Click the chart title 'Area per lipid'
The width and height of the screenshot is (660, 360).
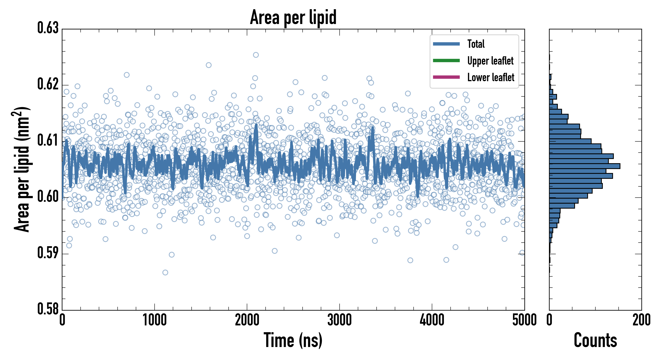pyautogui.click(x=293, y=17)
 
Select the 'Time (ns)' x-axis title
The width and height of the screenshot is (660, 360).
pyautogui.click(x=293, y=340)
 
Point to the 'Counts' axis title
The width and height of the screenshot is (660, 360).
pyautogui.click(x=595, y=340)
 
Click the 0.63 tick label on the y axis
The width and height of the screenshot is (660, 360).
pyautogui.click(x=48, y=28)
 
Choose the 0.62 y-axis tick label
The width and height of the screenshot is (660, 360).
pyautogui.click(x=48, y=84)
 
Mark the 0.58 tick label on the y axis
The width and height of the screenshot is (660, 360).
pyautogui.click(x=48, y=309)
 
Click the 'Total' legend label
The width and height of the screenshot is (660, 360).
pyautogui.click(x=476, y=44)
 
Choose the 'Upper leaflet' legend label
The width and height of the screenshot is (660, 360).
pyautogui.click(x=490, y=61)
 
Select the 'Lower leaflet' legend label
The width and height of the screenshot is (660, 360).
pyautogui.click(x=491, y=77)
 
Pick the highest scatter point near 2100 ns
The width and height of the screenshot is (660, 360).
pyautogui.click(x=256, y=55)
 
